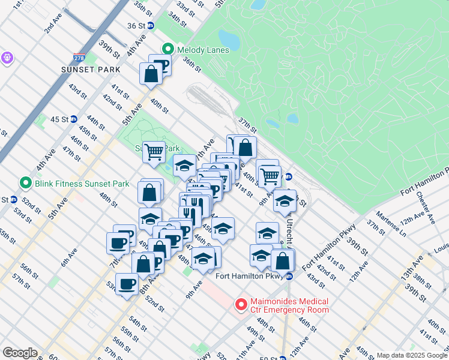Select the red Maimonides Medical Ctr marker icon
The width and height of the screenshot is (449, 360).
(241, 305)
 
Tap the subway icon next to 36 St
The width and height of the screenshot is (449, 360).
(151, 26)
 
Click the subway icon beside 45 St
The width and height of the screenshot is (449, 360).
(73, 119)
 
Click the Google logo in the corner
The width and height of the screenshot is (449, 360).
(20, 353)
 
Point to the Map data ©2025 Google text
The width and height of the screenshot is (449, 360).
(412, 355)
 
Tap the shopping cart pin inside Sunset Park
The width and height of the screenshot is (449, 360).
(154, 152)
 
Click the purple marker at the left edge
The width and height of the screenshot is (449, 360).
(7, 58)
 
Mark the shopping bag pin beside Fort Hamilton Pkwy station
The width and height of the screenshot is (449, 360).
(282, 261)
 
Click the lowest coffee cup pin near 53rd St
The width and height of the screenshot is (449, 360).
(127, 284)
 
